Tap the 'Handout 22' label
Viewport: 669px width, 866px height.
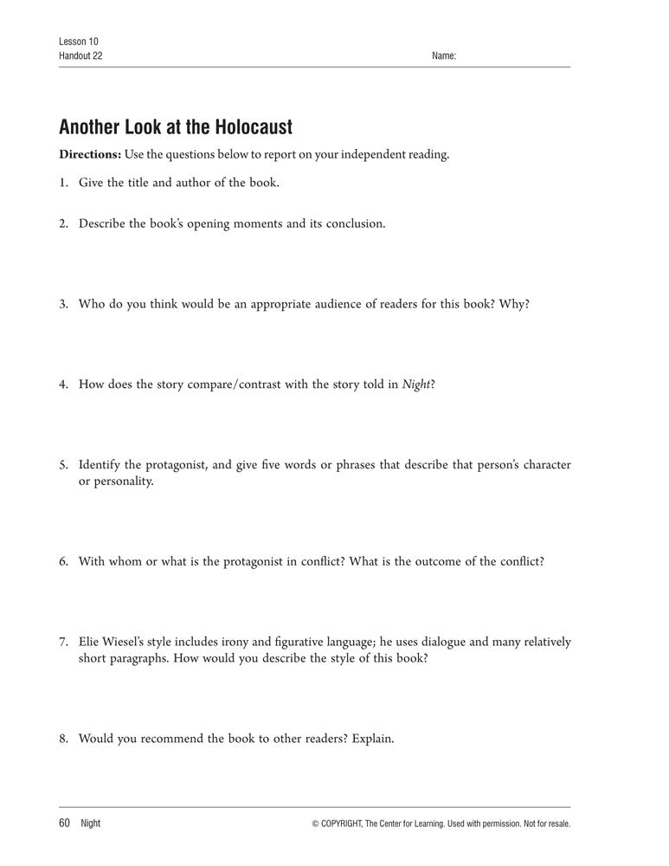pyautogui.click(x=80, y=56)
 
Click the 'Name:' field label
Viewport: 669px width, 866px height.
pyautogui.click(x=443, y=56)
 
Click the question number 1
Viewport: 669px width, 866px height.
pyautogui.click(x=63, y=183)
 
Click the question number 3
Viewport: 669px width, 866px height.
pyautogui.click(x=63, y=304)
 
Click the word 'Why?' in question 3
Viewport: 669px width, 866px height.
pyautogui.click(x=514, y=304)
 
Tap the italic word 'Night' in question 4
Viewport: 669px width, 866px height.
pyautogui.click(x=415, y=385)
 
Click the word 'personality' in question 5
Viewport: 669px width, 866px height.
pyautogui.click(x=122, y=481)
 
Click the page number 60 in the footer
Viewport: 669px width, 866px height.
pyautogui.click(x=64, y=823)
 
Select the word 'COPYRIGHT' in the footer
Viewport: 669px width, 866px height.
pyautogui.click(x=346, y=824)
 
